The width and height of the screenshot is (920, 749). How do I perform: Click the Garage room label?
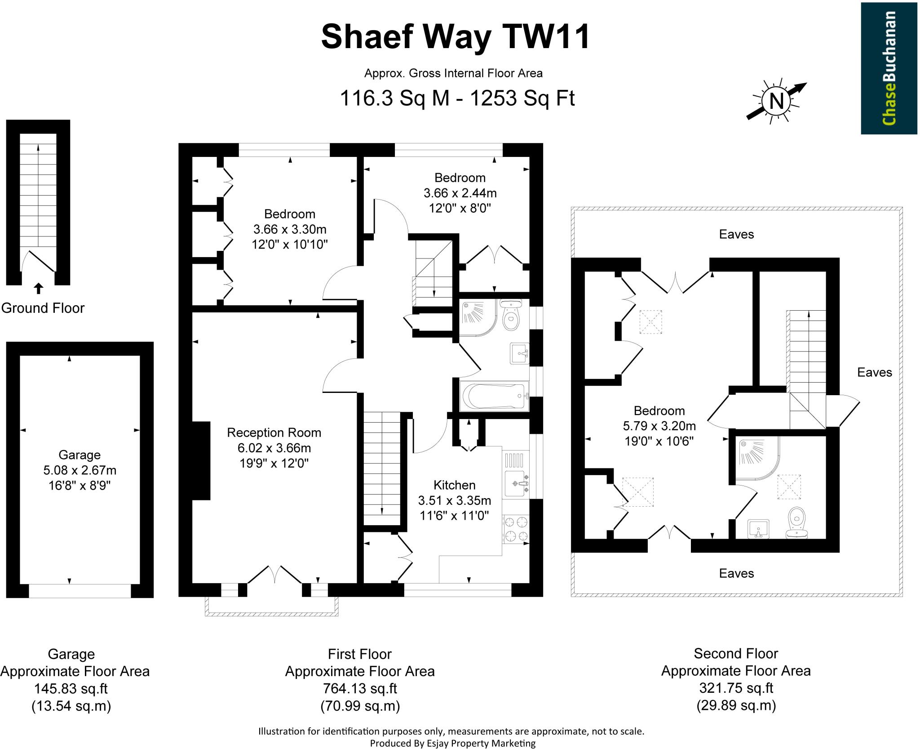[x=80, y=455]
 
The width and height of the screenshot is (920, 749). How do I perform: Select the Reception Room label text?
[x=274, y=432]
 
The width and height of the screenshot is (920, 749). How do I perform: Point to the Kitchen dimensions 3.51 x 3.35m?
[x=454, y=500]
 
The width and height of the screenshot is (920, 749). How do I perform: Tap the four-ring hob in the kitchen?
[x=516, y=529]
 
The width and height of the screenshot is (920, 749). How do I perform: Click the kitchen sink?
[x=516, y=484]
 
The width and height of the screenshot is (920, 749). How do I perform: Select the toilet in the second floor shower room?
[x=796, y=523]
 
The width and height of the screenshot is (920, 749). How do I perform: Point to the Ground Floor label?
[x=43, y=308]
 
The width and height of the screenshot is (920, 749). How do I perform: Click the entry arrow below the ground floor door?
[x=39, y=288]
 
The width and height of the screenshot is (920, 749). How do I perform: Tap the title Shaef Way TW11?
[x=455, y=37]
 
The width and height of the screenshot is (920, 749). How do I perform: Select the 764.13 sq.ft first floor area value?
[x=360, y=688]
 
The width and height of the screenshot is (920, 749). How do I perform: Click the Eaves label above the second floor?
[x=736, y=234]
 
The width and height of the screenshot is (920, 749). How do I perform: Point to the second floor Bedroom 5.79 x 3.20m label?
[x=659, y=425]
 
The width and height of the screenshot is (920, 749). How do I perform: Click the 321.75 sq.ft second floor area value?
[x=736, y=688]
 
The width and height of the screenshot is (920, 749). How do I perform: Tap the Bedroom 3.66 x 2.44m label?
[x=460, y=193]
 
